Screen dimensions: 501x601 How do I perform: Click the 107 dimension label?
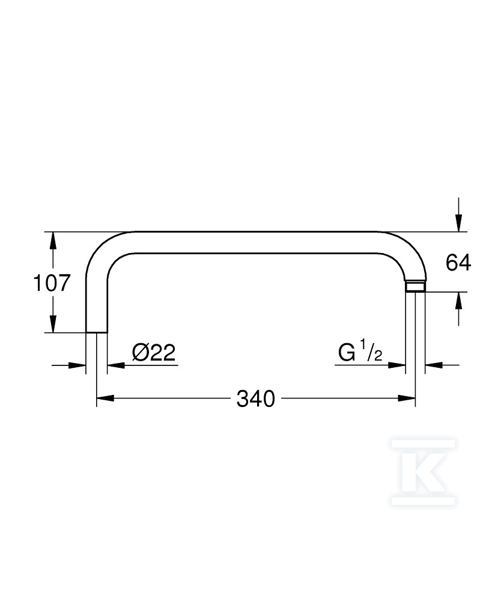(x=52, y=283)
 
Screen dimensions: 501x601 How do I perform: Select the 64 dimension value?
(x=458, y=263)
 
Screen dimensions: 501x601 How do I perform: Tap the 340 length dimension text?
(x=255, y=398)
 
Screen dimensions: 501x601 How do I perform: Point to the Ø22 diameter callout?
(x=154, y=352)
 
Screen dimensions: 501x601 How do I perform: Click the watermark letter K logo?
(x=423, y=472)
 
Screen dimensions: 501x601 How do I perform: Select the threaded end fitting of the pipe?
(x=415, y=287)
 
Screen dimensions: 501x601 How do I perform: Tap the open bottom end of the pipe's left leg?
(x=97, y=332)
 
